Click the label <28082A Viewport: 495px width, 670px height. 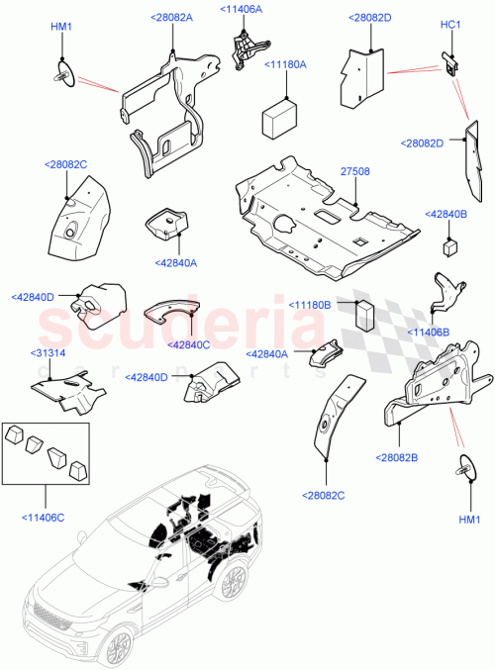click(172, 18)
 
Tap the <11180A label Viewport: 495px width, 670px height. click(285, 64)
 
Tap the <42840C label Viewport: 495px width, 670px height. click(190, 344)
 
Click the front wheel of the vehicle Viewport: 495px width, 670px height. click(118, 647)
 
